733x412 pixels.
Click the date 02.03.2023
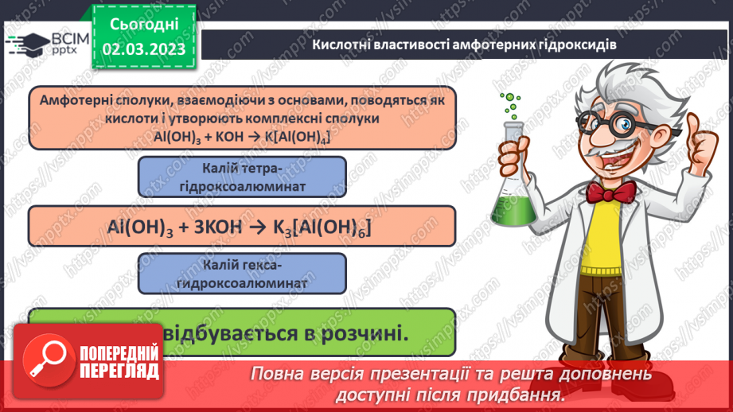(144, 49)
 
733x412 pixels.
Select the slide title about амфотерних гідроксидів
(464, 44)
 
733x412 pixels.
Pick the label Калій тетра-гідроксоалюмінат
(242, 177)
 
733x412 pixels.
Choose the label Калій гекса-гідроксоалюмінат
(242, 273)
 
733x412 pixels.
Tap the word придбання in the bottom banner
(521, 395)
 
